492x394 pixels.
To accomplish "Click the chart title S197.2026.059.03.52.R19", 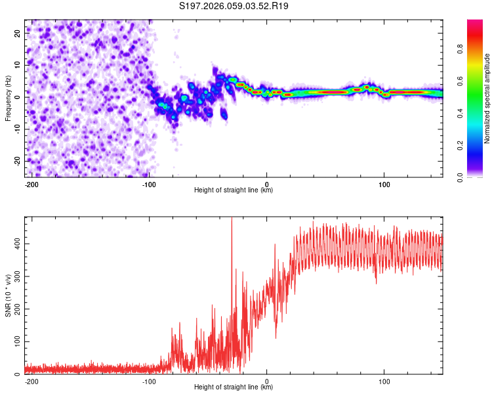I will [234, 6].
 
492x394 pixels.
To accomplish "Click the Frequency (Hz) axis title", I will [8, 98].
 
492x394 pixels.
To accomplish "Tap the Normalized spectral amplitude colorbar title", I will [487, 98].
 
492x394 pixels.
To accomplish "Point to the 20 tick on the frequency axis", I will [18, 32].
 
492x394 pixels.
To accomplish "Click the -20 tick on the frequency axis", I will [17, 161].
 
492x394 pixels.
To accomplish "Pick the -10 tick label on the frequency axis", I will [17, 129].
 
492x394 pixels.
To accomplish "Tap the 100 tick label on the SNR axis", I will [15, 342].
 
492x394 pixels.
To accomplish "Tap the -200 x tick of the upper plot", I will [31, 185].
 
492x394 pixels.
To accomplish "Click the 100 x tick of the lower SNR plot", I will [384, 382].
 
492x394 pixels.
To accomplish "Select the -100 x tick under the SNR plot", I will [149, 382].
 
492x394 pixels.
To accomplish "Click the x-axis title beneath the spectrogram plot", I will [234, 190].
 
